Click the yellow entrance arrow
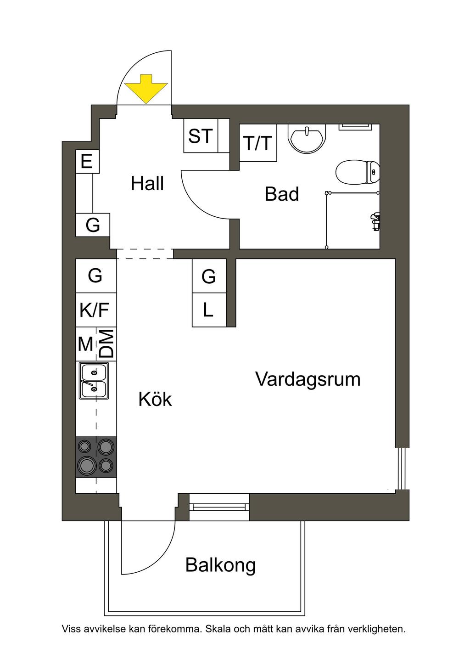click(146, 89)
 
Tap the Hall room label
click(147, 183)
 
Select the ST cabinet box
click(201, 135)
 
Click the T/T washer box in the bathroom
click(258, 143)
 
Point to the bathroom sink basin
click(307, 139)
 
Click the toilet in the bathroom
click(358, 172)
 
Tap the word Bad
click(281, 194)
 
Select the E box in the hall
click(87, 162)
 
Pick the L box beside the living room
click(209, 310)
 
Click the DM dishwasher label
click(107, 344)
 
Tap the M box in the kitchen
click(86, 344)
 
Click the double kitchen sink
click(94, 381)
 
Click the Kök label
click(155, 399)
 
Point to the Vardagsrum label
click(308, 380)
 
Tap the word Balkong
click(220, 565)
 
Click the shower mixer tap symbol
click(375, 221)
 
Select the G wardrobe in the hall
click(93, 225)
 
